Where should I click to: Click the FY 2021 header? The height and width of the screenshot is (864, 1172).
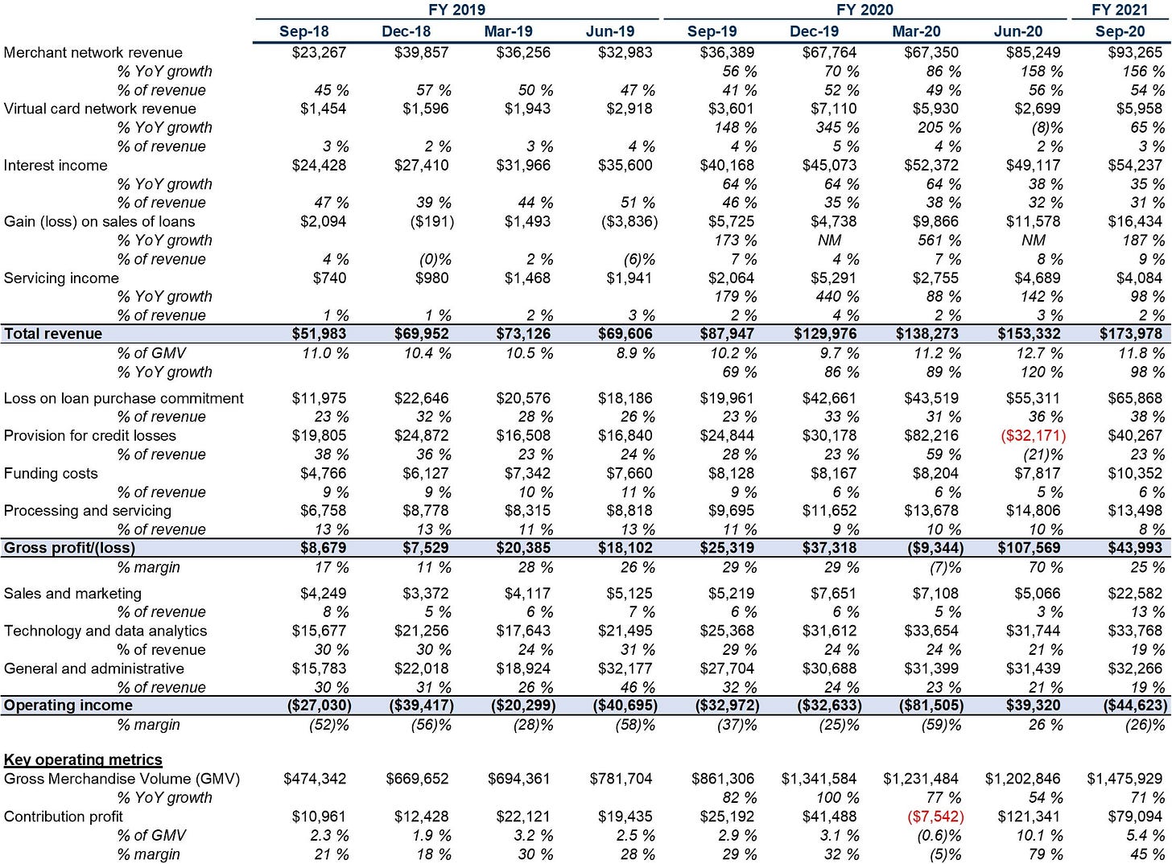[1119, 10]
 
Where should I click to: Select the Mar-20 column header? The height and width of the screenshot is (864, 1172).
[916, 31]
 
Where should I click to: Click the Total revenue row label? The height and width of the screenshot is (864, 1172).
[53, 334]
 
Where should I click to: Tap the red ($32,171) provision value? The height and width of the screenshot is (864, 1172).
[1033, 436]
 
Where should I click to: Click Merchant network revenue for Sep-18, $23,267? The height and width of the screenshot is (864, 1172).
[319, 52]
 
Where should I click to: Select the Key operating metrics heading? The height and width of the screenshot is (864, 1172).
[83, 759]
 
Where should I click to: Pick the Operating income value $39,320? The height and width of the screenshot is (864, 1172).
[1033, 705]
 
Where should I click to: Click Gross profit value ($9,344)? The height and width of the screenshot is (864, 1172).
[931, 548]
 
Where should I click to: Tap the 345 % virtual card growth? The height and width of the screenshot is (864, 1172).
[836, 127]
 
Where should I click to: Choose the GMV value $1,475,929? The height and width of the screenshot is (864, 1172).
[1125, 779]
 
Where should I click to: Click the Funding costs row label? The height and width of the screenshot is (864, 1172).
[51, 473]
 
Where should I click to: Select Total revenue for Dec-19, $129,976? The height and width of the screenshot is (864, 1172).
[824, 334]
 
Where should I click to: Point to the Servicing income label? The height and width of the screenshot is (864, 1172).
[61, 278]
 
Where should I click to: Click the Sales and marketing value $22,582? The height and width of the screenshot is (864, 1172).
[1135, 593]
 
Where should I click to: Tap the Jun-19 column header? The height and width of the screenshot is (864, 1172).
[610, 31]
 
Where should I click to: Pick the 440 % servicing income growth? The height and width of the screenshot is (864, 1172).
[836, 297]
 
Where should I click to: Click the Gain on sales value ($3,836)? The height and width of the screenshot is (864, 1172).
[629, 221]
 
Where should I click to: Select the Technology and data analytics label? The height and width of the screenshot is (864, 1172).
[105, 631]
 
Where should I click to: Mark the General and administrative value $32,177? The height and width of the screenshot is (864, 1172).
[625, 669]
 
